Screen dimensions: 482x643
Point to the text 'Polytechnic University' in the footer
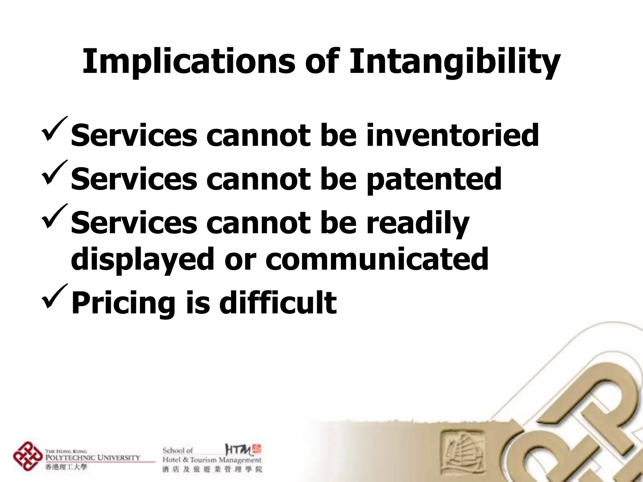93,457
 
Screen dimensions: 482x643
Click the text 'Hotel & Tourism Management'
212,460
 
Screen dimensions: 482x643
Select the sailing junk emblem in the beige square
461,449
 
